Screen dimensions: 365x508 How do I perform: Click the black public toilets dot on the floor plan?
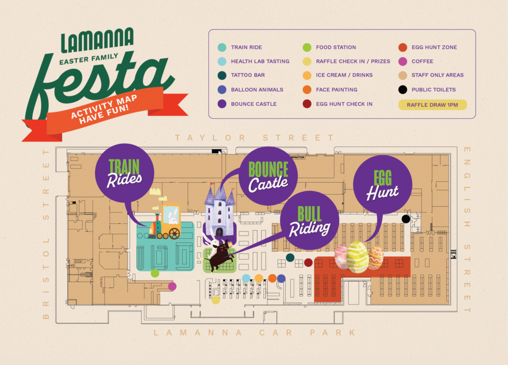click(406, 219)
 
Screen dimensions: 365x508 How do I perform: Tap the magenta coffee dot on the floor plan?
click(172, 286)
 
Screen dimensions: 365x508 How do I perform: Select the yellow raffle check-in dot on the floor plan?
click(216, 300)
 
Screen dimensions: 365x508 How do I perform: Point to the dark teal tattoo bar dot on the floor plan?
click(290, 257)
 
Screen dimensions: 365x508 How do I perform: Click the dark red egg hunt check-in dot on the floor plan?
click(308, 262)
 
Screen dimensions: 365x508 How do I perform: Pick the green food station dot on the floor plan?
click(155, 273)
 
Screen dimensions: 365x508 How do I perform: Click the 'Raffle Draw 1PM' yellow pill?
click(432, 105)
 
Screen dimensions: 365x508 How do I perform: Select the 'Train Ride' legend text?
click(246, 48)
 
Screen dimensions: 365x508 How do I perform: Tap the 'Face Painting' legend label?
click(336, 90)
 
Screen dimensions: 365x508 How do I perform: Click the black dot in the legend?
click(403, 90)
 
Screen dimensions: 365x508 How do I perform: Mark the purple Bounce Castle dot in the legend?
click(222, 104)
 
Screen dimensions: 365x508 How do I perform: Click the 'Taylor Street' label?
click(254, 138)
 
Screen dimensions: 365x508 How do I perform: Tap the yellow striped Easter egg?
click(358, 257)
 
